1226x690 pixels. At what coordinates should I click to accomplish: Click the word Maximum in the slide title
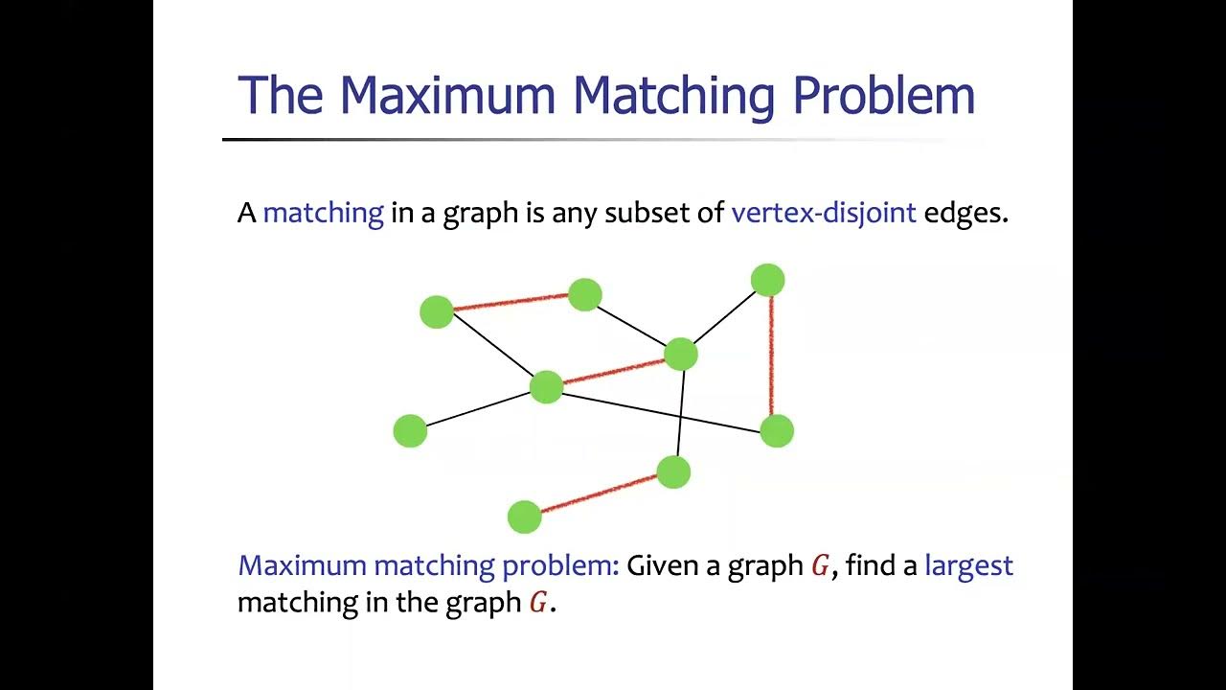click(x=447, y=95)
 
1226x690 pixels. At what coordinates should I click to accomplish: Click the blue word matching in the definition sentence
click(x=323, y=213)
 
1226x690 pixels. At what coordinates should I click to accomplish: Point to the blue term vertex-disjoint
click(x=824, y=212)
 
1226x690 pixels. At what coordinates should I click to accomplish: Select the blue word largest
click(x=968, y=565)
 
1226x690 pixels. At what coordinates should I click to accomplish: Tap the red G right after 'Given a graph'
click(x=820, y=566)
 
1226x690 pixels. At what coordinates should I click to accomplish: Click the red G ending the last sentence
click(x=539, y=604)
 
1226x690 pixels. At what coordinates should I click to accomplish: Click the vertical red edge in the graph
click(x=771, y=355)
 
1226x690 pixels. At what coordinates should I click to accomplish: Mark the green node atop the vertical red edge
click(x=767, y=281)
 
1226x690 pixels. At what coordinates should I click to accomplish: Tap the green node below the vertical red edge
click(x=777, y=430)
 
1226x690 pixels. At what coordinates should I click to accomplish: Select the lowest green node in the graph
click(x=524, y=517)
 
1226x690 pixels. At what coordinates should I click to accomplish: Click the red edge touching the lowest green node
click(x=599, y=494)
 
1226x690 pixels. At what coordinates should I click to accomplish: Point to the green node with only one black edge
click(x=410, y=430)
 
